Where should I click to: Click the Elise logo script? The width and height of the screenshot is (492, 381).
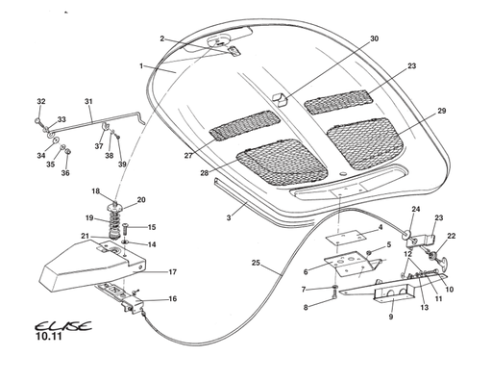tap(63, 326)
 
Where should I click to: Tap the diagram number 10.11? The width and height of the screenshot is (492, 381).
tap(48, 337)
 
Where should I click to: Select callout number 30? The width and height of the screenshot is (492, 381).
tap(374, 38)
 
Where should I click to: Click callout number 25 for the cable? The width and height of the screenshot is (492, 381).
tap(256, 263)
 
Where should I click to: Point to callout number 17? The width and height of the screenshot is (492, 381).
tap(173, 272)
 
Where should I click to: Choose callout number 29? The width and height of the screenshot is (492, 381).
tap(442, 111)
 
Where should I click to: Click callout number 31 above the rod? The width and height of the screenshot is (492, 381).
tap(88, 102)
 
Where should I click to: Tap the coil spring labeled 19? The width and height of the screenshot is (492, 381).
tap(113, 222)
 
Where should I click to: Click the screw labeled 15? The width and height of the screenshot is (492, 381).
tap(125, 230)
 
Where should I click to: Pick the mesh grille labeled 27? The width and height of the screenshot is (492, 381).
tap(244, 125)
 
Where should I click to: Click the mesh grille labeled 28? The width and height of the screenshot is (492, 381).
tap(282, 163)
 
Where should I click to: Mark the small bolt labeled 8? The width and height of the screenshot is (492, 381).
tap(335, 294)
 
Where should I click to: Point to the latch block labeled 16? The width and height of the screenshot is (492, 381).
tap(132, 304)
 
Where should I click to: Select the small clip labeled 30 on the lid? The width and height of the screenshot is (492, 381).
tap(280, 99)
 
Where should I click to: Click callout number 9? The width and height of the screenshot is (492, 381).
tap(391, 317)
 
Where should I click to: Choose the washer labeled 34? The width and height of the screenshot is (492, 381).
tap(57, 140)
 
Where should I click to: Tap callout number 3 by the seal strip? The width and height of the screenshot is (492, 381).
tap(229, 218)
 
